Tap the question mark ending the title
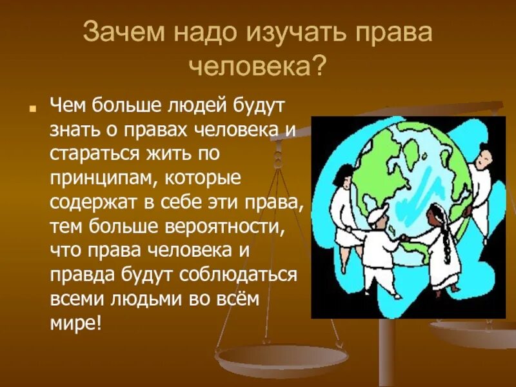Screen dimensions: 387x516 (318, 65)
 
